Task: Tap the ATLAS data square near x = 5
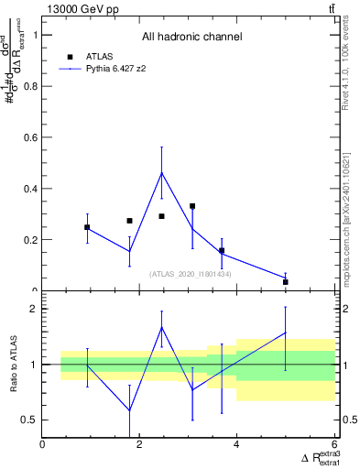pos(286,282)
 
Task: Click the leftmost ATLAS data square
pos(87,227)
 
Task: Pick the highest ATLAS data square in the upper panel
pos(192,206)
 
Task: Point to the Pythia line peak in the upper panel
pos(162,172)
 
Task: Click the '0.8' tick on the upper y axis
pos(30,86)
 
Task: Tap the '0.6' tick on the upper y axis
pos(30,137)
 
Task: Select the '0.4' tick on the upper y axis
pos(30,189)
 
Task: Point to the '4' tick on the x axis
pos(236,445)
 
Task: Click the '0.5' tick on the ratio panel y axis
pos(30,420)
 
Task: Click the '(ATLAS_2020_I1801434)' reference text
pos(190,273)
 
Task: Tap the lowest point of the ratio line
pos(129,411)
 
